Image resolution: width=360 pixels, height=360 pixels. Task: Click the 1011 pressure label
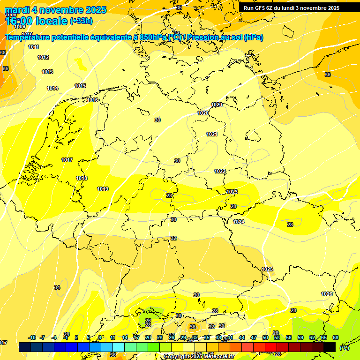33,47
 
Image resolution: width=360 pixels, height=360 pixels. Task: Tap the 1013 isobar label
47,72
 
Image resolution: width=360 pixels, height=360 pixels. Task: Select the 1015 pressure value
80,86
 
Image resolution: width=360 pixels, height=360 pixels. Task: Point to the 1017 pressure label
67,160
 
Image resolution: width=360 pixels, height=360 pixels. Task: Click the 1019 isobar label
103,189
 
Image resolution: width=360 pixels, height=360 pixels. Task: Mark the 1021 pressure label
212,134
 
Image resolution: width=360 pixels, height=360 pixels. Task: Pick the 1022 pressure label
220,171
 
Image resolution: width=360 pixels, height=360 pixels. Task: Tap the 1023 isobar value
232,192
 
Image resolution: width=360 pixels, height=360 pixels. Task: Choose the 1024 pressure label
239,222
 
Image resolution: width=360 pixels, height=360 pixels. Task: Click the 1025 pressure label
267,269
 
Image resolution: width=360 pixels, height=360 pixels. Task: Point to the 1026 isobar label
327,294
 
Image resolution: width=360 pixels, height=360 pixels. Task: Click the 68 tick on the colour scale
336,337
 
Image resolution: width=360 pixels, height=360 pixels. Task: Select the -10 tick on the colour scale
32,337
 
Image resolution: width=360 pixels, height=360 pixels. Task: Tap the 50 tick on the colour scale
265,337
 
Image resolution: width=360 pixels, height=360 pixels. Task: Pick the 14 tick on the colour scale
125,337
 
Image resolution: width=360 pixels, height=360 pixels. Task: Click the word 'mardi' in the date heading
17,10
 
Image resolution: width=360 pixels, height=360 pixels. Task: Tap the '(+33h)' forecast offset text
81,21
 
